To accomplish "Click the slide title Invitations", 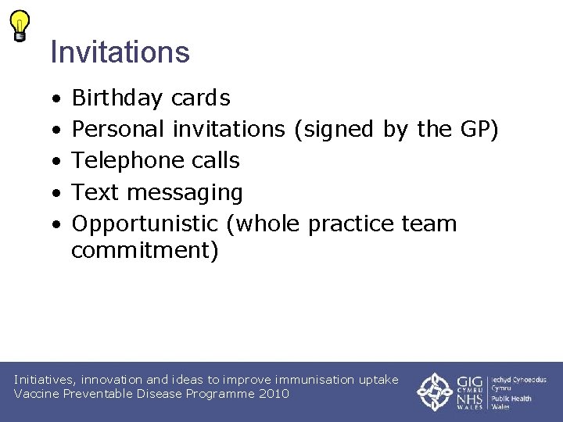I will click(120, 52).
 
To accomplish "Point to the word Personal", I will click(119, 129).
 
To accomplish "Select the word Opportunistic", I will click(145, 224).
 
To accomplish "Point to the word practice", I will click(352, 224).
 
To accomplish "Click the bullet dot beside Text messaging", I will click(56, 193).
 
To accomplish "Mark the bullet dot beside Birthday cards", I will click(56, 99).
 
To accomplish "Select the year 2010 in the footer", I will click(274, 394).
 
